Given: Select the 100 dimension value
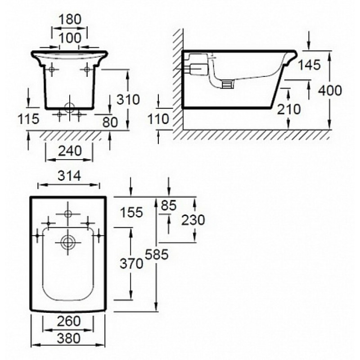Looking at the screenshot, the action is point(70,38).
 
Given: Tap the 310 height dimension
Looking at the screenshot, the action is point(128,99).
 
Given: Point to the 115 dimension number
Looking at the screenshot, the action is point(28,119).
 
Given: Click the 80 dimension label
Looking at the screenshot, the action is point(110,122).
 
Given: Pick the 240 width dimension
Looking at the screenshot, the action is point(70,151).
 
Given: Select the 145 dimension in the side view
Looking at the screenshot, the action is point(309,64).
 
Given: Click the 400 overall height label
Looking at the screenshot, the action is point(330,90).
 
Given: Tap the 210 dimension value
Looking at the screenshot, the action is point(289,109).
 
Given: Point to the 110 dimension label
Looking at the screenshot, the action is point(158,119).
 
